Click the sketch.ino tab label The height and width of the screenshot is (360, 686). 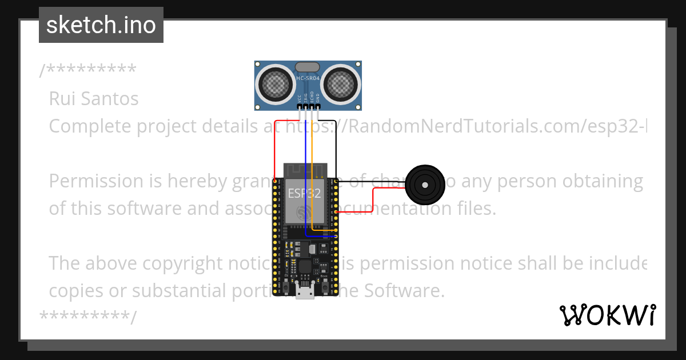tap(101, 25)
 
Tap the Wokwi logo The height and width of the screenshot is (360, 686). tap(607, 315)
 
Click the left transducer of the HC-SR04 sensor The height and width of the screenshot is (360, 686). tap(276, 83)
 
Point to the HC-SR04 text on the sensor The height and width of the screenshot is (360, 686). tap(308, 78)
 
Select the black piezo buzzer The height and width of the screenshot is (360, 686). tap(424, 185)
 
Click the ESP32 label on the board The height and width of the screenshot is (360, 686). tap(304, 193)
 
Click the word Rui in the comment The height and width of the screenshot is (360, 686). tap(62, 99)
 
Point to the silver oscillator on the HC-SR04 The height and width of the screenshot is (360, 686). tap(308, 67)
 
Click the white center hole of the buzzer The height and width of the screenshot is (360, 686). tap(424, 185)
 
